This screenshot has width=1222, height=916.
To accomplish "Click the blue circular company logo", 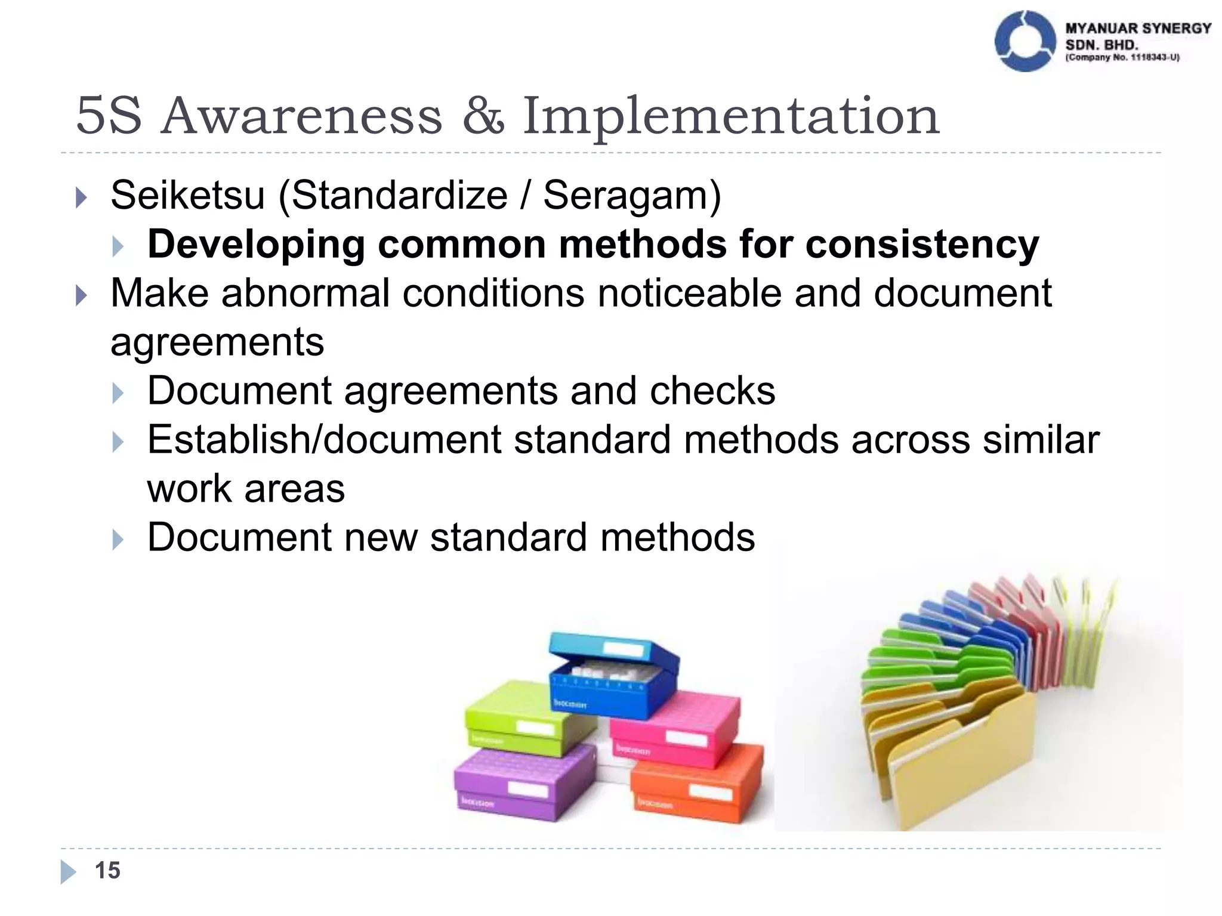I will pos(1024,42).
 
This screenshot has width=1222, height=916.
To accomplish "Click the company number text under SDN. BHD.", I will pos(1122,58).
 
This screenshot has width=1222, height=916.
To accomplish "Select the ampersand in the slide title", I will pos(483,115).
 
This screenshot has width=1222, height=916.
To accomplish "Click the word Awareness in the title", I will pos(302,115).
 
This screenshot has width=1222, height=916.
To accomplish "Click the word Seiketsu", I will pos(187,195).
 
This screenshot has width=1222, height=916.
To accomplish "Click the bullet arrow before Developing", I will pos(118,246).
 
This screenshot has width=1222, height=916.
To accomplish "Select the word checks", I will pos(712,391).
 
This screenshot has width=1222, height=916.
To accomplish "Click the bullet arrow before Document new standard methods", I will pos(118,539).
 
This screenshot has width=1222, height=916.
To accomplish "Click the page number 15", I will pos(107,871).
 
